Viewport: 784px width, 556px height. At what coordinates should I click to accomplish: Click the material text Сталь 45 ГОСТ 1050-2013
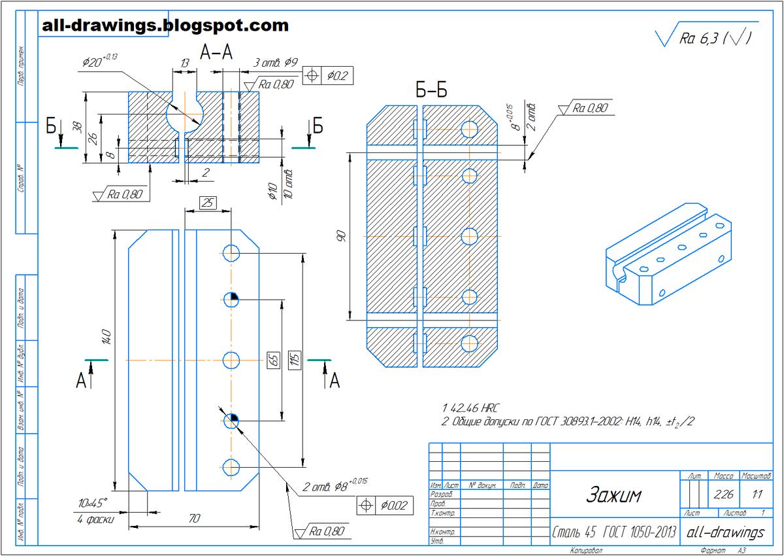(614, 532)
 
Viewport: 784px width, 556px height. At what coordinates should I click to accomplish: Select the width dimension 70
(193, 519)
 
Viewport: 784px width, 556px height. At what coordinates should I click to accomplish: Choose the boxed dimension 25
(208, 203)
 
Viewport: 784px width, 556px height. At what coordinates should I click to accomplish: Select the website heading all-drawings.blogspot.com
(164, 26)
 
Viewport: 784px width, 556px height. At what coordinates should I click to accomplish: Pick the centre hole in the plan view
(232, 360)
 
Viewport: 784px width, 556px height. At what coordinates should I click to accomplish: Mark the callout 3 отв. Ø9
(275, 63)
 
